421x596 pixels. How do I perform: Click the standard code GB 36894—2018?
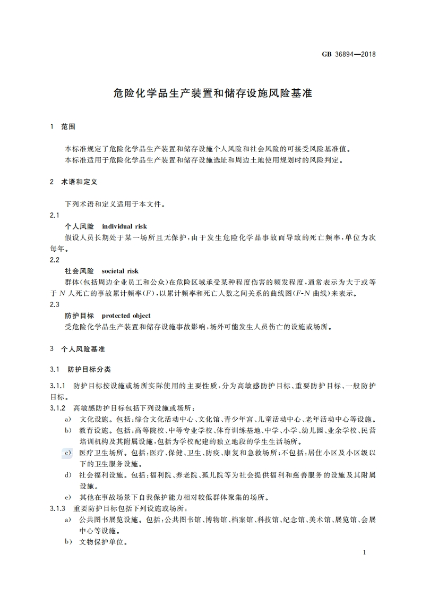[x=349, y=54]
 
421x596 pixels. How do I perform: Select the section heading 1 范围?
[x=63, y=126]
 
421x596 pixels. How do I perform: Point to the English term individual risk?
[x=124, y=226]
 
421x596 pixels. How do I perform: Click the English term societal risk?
[x=120, y=271]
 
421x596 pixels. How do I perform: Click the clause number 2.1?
[x=54, y=215]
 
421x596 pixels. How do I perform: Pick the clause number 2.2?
[x=54, y=260]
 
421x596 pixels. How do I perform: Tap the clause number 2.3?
[x=54, y=304]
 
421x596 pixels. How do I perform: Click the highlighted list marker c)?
[x=68, y=453]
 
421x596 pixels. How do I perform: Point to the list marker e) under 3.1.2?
[x=68, y=498]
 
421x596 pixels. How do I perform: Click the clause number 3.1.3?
[x=57, y=508]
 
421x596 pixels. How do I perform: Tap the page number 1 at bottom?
[x=365, y=553]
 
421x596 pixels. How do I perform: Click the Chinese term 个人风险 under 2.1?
[x=79, y=226]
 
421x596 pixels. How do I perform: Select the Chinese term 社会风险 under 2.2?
[x=79, y=271]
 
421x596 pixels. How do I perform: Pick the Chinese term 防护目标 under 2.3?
[x=79, y=316]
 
